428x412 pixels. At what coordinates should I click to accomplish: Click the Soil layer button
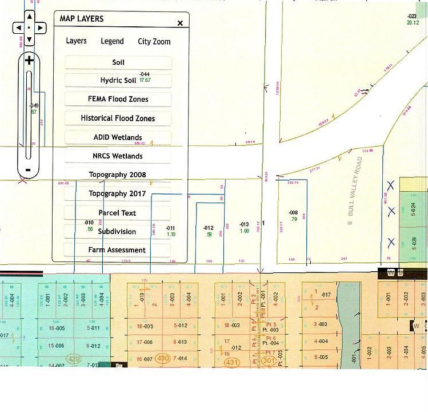coord(118,62)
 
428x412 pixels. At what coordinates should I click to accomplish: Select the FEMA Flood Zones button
coord(118,99)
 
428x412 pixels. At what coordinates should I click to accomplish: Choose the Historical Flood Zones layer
coord(118,118)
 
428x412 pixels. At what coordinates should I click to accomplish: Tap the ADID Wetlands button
coord(118,137)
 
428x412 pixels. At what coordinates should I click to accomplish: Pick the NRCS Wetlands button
coord(118,156)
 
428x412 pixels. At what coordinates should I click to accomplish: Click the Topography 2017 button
coord(117,193)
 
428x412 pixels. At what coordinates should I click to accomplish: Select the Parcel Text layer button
coord(117,213)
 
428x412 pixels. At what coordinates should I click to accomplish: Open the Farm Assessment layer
coord(117,250)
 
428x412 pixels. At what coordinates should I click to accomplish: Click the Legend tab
coord(112,41)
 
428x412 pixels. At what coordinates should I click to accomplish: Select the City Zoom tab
coord(154,41)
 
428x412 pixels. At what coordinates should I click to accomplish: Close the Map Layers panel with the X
coord(180,23)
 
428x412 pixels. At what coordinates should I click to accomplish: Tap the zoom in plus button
coord(29,60)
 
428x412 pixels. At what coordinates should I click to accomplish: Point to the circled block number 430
coord(163,359)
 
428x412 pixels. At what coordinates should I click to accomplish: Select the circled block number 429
coord(74,359)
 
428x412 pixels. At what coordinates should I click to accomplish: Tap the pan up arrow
coord(30,16)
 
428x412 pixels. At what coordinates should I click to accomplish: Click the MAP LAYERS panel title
coord(82,19)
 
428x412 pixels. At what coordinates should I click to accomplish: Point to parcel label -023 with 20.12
coord(413,19)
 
